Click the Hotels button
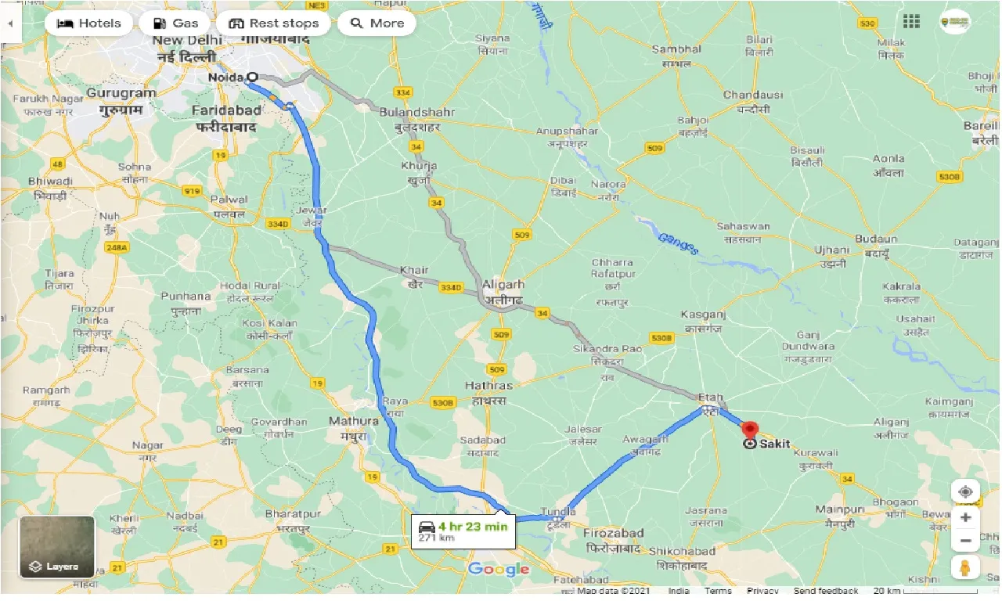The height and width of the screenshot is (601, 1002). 88,23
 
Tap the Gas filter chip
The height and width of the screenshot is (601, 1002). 175,23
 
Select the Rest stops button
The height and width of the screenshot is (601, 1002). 273,23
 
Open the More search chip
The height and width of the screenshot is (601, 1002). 377,23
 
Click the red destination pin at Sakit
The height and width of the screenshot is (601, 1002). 750,430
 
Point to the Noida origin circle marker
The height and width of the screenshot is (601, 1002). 251,77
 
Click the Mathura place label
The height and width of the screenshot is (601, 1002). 353,421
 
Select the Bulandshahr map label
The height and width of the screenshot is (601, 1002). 417,112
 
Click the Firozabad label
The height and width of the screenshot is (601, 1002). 614,533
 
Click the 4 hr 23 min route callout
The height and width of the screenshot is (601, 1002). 462,531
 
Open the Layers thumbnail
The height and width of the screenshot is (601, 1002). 57,546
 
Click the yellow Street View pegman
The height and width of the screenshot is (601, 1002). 965,567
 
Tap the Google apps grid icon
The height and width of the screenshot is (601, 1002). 911,22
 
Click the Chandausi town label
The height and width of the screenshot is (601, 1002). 752,95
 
